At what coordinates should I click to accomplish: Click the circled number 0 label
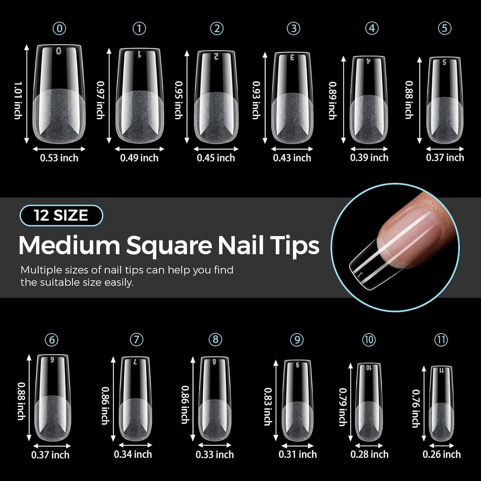tap(59, 29)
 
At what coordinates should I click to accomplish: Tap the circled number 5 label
tap(444, 28)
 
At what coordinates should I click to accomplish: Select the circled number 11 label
tap(441, 340)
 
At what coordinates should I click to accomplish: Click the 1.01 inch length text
tap(18, 100)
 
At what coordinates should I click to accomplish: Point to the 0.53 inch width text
tap(59, 158)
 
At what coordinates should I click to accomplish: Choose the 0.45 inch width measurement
tap(216, 158)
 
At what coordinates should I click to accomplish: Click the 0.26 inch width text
tap(442, 454)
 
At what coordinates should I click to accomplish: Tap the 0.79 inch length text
tap(343, 407)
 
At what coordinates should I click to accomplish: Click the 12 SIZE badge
tap(61, 215)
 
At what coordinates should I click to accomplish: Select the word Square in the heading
tap(173, 246)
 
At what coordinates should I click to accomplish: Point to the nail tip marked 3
tap(292, 98)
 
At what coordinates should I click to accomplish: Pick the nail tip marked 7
tap(135, 399)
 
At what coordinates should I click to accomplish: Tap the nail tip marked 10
tap(369, 402)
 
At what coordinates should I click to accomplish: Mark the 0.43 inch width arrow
tap(292, 149)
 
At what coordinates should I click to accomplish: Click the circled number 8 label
tap(215, 339)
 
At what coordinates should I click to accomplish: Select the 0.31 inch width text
tap(298, 454)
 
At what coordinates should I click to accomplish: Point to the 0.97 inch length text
tap(101, 100)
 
